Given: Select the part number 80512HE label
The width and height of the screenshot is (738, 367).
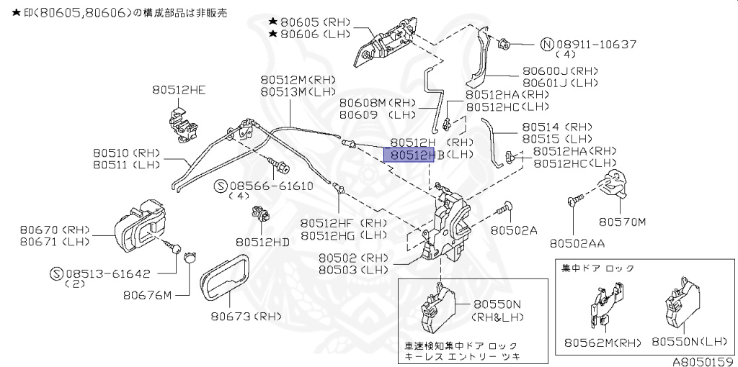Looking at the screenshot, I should [x=178, y=90].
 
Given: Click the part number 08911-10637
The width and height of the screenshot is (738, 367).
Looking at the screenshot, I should [x=596, y=44].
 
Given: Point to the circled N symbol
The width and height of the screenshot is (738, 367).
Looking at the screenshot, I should [x=547, y=44].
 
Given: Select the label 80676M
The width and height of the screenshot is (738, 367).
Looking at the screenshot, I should [x=147, y=294].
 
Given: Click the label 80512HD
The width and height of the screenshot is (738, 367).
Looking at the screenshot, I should [x=262, y=243].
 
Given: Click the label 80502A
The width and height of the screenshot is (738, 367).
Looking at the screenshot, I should [x=514, y=230].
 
